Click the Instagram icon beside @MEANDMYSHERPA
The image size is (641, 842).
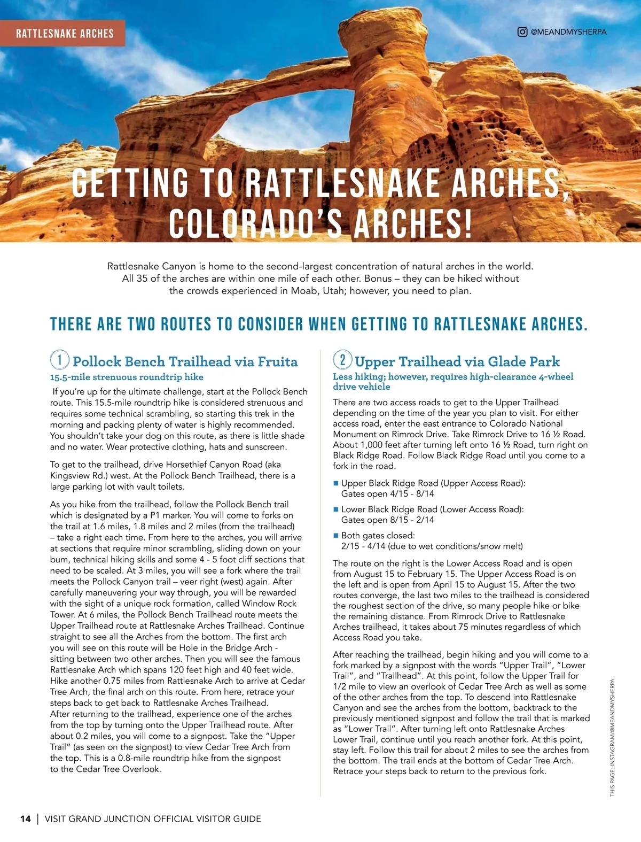coord(522,32)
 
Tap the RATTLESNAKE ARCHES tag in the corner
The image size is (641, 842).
coord(65,34)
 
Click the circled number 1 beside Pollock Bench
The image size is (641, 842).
coord(60,359)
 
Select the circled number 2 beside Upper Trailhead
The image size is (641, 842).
coord(342,359)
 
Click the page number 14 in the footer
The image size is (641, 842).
coord(25,818)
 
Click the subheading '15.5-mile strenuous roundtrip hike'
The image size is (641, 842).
coord(127,377)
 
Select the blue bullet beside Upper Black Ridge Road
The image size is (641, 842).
coord(336,483)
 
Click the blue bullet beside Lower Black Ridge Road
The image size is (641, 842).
coord(336,509)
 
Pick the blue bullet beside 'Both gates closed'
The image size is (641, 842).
coord(336,536)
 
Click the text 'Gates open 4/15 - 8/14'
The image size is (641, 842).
coord(387,494)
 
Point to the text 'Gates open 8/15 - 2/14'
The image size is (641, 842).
coord(387,520)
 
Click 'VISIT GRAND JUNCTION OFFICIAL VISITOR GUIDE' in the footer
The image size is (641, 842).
coord(153,818)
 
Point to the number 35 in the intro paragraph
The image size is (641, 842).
coord(141,279)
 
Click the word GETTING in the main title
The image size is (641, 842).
coord(131,183)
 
